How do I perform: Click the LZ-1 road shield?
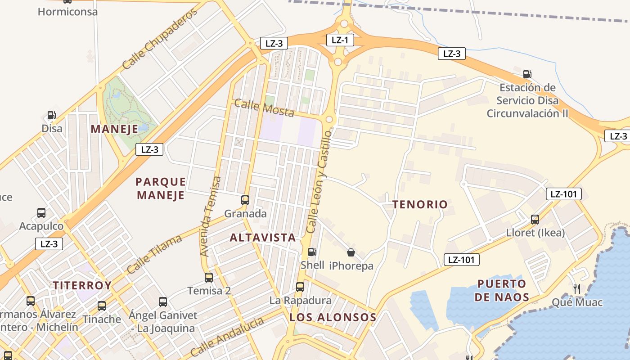point(340,40)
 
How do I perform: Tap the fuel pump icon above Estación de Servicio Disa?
point(527,74)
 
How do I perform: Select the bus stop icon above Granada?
point(245,200)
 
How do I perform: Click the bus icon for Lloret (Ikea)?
point(535,220)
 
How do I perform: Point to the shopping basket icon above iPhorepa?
point(351,253)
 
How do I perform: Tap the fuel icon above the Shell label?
point(312,252)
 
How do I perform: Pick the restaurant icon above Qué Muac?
point(577,288)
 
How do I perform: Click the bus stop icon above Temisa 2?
point(209,278)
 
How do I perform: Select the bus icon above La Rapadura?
point(300,287)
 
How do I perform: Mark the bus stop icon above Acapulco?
point(41,212)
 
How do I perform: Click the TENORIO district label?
point(420,204)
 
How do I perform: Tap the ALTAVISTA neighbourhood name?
point(263,238)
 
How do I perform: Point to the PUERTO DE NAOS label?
point(502,290)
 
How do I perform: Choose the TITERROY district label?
point(82,285)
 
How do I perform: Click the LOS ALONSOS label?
point(333,317)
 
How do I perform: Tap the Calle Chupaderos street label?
point(160,39)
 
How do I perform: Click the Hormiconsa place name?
point(67,12)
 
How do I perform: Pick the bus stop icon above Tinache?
point(102,306)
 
